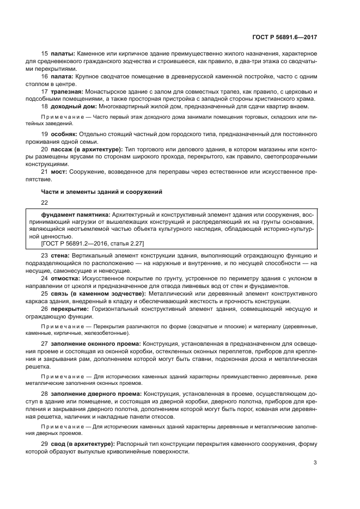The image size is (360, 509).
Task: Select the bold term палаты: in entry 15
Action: (x=63, y=55)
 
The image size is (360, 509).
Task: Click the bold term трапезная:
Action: (x=68, y=91)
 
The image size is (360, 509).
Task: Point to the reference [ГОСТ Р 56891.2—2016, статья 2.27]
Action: (x=89, y=244)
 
